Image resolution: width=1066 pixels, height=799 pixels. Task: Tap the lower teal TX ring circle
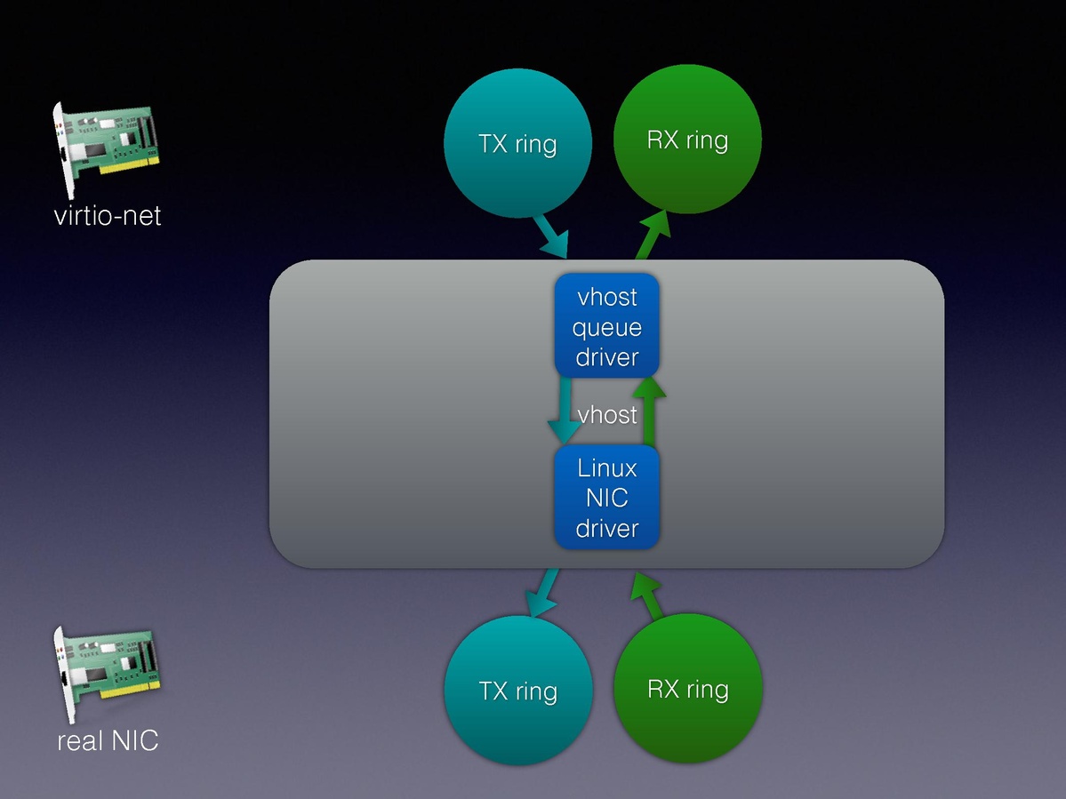(x=517, y=691)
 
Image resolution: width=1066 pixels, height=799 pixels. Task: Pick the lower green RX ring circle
(x=688, y=689)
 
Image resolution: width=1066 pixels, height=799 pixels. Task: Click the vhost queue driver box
(x=606, y=326)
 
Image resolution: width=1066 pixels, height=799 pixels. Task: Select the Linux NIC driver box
(x=607, y=497)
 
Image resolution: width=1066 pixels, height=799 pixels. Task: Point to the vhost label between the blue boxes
(x=607, y=414)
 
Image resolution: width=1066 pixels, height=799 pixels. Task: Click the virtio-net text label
(x=108, y=216)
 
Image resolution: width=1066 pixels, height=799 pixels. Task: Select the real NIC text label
(x=108, y=740)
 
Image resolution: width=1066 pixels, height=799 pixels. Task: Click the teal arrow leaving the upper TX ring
(x=551, y=236)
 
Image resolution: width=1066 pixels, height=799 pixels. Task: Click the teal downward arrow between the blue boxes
(x=564, y=411)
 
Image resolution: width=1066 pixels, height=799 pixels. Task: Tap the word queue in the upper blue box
(x=606, y=327)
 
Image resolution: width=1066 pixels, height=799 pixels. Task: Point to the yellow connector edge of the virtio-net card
(x=129, y=166)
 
